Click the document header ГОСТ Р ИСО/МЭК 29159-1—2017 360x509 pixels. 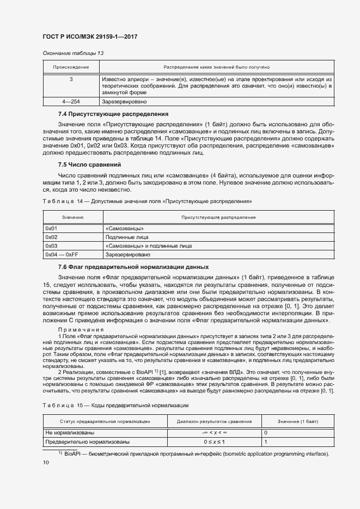89,36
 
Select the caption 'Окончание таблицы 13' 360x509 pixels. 73,53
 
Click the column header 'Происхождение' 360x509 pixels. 70,67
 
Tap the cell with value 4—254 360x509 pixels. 71,101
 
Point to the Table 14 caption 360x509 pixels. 147,201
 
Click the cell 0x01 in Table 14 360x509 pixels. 52,229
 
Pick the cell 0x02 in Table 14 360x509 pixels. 52,237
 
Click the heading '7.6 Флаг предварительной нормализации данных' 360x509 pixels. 133,267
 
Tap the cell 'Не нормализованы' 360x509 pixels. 66,433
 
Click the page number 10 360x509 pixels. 46,463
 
